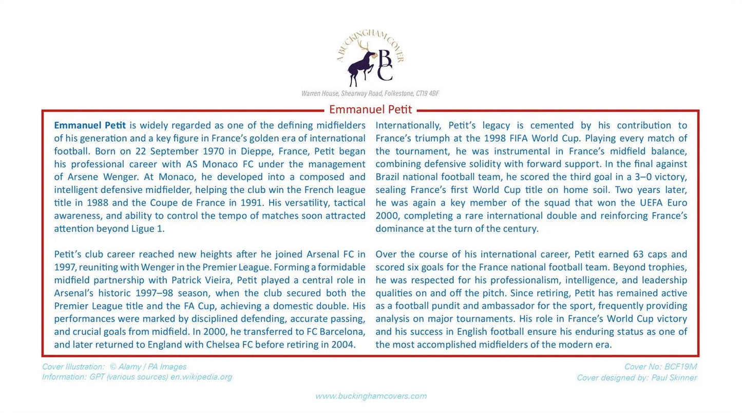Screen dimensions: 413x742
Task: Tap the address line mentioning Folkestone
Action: click(x=370, y=93)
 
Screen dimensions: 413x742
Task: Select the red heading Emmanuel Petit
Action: click(x=370, y=109)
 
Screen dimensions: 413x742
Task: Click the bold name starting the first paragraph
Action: click(x=90, y=125)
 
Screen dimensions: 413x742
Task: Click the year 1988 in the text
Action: click(x=97, y=202)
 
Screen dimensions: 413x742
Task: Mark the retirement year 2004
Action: click(x=343, y=344)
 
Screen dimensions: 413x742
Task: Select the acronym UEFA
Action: click(x=652, y=202)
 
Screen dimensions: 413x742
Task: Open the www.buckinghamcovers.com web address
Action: click(x=371, y=396)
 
